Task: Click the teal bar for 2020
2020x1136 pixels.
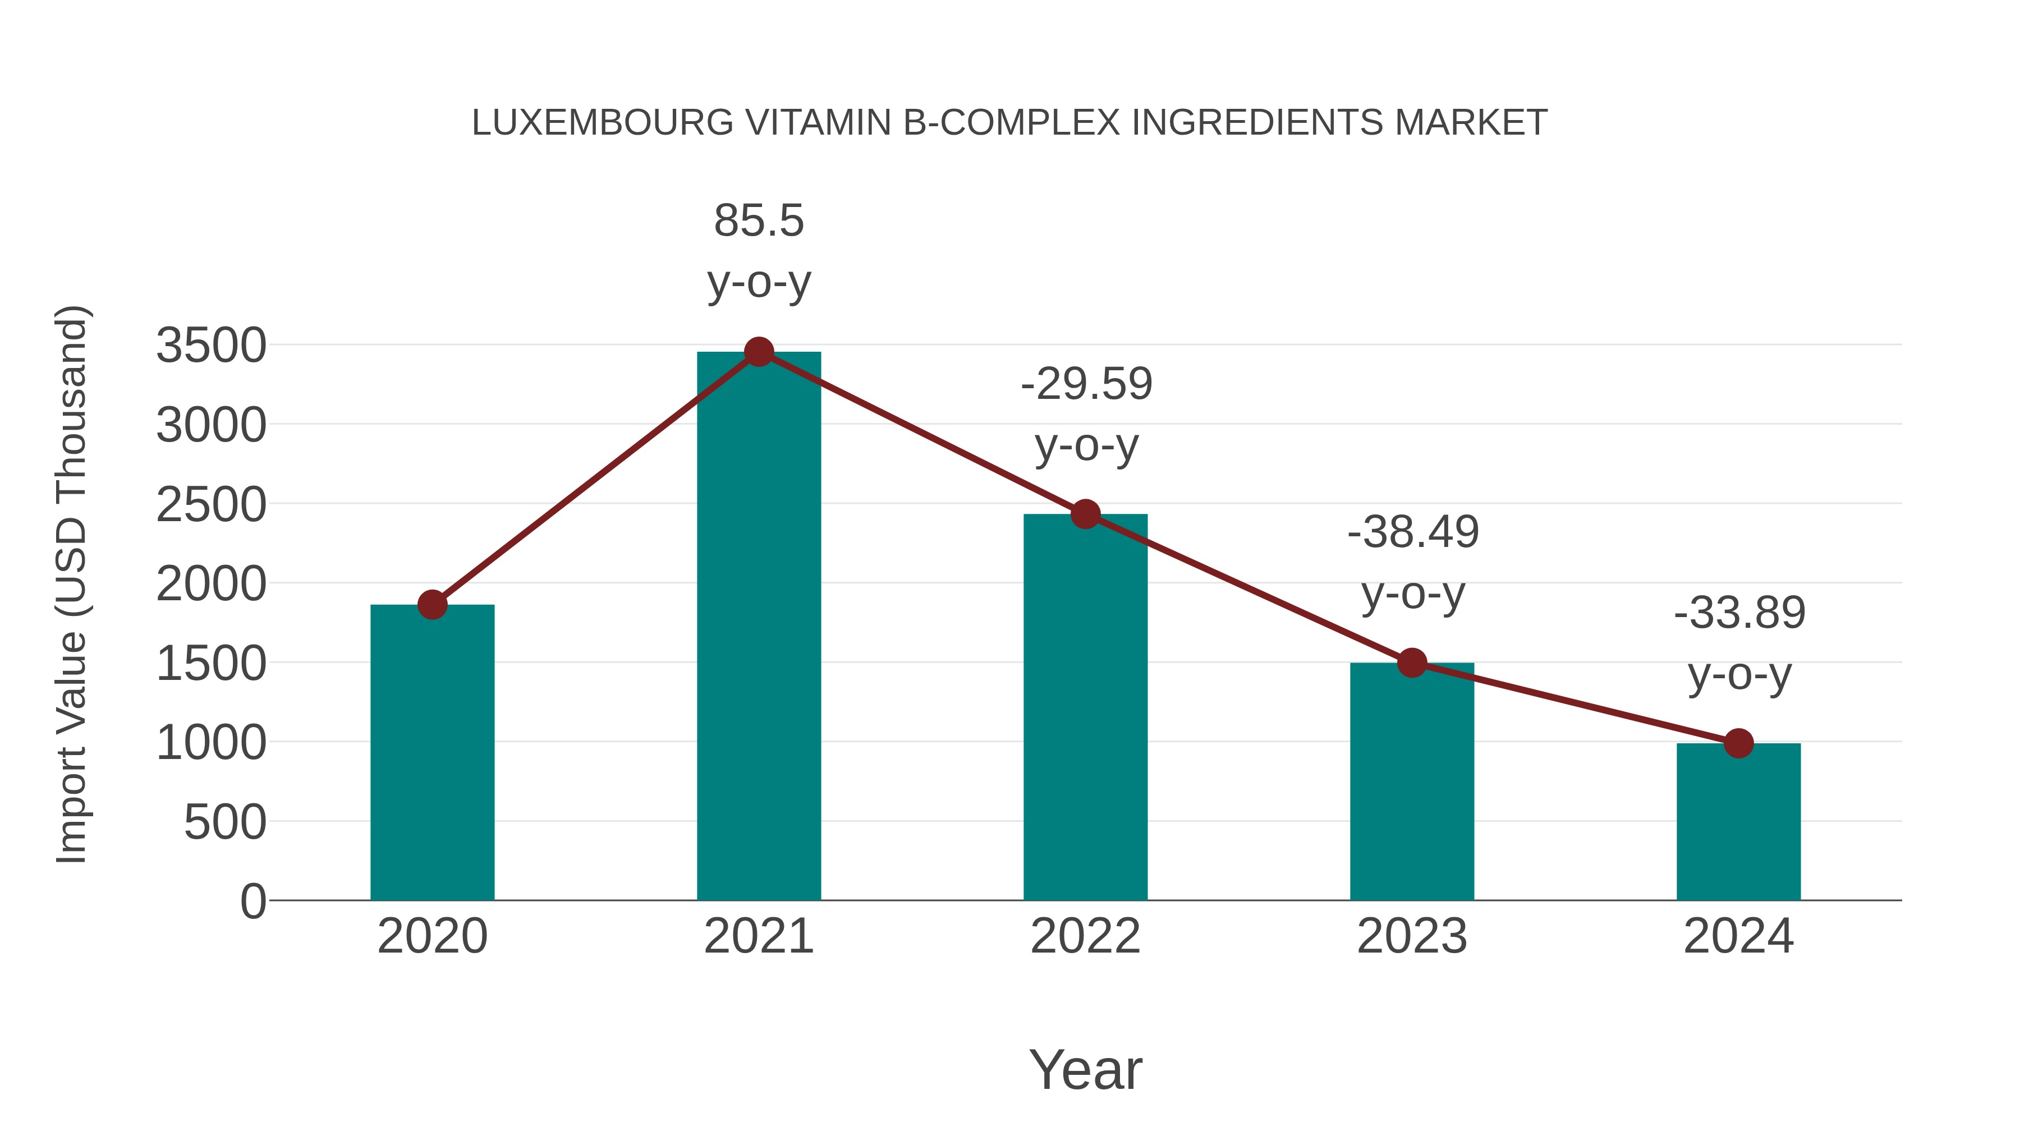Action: click(432, 753)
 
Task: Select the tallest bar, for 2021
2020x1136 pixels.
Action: click(758, 627)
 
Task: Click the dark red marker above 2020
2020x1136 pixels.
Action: click(432, 604)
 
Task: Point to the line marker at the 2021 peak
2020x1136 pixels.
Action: click(758, 352)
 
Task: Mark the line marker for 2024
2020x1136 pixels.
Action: click(1738, 743)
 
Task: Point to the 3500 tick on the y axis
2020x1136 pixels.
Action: click(211, 346)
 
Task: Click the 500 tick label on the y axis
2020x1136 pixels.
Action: click(225, 822)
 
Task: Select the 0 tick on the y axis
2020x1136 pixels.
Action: click(252, 902)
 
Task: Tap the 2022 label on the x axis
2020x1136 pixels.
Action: click(1085, 936)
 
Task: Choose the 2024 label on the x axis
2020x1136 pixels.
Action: click(1738, 936)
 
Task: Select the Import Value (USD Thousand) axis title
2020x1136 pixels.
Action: click(71, 584)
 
